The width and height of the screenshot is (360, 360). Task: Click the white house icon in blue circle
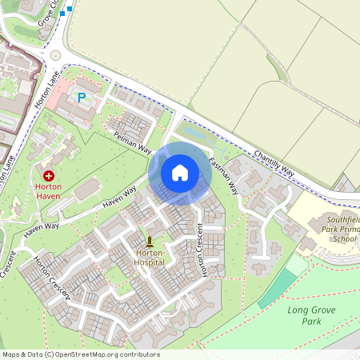point(180,172)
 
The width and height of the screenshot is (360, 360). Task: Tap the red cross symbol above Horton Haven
point(49,175)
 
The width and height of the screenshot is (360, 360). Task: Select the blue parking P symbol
point(81,98)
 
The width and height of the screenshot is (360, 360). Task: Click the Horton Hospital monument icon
point(150,241)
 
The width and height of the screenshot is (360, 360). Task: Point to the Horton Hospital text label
point(149,257)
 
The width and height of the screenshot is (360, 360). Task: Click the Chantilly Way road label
point(274,162)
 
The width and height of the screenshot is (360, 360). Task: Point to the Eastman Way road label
point(224,177)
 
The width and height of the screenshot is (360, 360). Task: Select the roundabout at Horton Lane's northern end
point(54,54)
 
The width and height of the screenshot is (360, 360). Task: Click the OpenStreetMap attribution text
point(81,354)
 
